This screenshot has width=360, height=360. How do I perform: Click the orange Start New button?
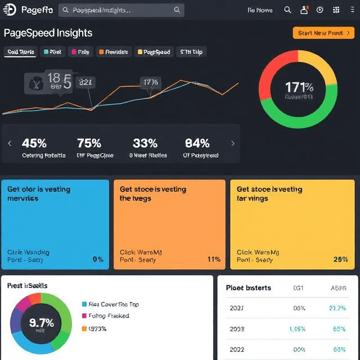(x=323, y=33)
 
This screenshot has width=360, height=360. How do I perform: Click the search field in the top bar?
(x=121, y=10)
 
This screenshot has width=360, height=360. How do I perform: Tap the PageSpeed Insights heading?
(x=48, y=33)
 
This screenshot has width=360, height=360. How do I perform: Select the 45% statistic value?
(x=34, y=143)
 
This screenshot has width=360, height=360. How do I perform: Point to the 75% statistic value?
(x=89, y=143)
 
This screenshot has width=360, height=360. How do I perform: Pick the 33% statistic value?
(x=145, y=143)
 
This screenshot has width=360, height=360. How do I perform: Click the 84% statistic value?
(x=197, y=143)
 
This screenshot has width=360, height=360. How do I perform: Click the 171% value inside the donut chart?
(x=299, y=87)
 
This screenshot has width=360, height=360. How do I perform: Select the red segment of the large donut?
(x=273, y=70)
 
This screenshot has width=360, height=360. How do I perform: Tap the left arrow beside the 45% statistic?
(x=10, y=143)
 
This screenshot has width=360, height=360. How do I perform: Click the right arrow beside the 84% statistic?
(x=233, y=143)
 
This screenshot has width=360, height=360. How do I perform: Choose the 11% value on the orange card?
(x=214, y=260)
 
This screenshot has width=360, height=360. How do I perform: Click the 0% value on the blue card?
(x=98, y=260)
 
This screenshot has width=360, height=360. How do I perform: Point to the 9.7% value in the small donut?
(x=41, y=323)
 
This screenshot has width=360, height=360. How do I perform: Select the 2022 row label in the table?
(x=237, y=349)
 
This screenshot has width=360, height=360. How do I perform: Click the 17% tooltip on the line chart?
(x=151, y=83)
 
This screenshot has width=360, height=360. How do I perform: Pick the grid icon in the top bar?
(x=336, y=10)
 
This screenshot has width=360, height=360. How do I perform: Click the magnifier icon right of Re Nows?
(x=287, y=10)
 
